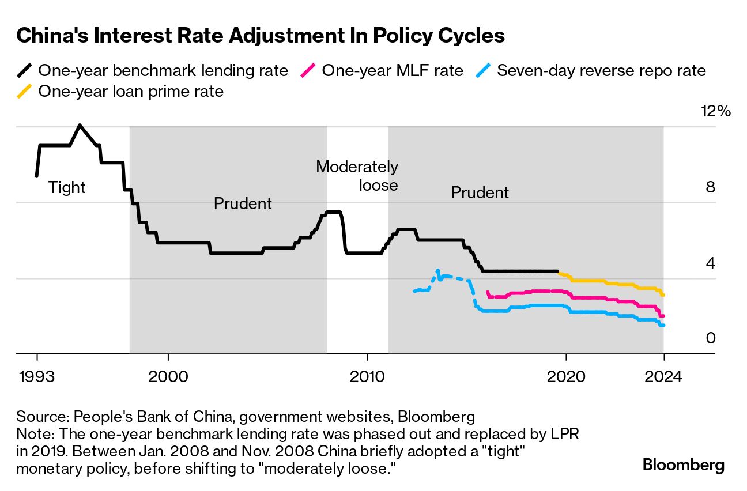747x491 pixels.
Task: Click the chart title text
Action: pyautogui.click(x=261, y=36)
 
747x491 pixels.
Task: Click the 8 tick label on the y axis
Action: pyautogui.click(x=711, y=187)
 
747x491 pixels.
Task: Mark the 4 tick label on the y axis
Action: pyautogui.click(x=711, y=263)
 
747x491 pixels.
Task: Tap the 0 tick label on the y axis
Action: pyautogui.click(x=711, y=338)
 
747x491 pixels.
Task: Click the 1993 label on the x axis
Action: pyautogui.click(x=37, y=377)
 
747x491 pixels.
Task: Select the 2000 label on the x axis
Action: pyautogui.click(x=168, y=377)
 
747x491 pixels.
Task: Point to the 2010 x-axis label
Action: pyautogui.click(x=367, y=377)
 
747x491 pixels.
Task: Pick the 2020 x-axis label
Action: pyautogui.click(x=566, y=377)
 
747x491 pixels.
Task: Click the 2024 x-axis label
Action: pyautogui.click(x=663, y=377)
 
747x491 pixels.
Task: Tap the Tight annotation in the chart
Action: pyautogui.click(x=67, y=188)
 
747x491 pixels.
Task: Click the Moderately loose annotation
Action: pyautogui.click(x=357, y=176)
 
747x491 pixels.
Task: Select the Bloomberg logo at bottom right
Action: pyautogui.click(x=684, y=465)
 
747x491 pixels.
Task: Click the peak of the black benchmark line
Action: pyautogui.click(x=80, y=125)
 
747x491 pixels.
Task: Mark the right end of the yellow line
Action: pyautogui.click(x=663, y=295)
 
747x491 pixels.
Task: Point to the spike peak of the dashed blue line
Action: pyautogui.click(x=437, y=270)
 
